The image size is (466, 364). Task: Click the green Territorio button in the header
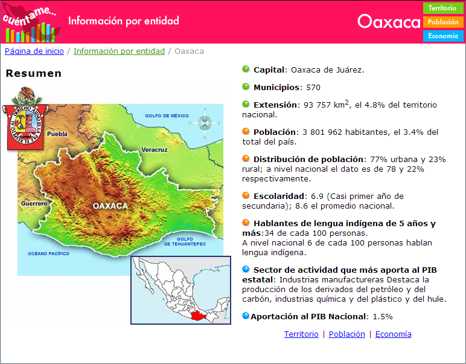click(x=443, y=8)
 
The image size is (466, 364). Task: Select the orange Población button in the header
click(x=443, y=22)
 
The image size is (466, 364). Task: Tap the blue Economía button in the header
click(x=443, y=36)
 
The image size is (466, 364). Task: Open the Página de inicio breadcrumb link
click(x=34, y=51)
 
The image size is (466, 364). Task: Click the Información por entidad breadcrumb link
click(x=119, y=51)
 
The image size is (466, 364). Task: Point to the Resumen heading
click(x=34, y=73)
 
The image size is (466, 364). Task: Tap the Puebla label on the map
click(x=57, y=134)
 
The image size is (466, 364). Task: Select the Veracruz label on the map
click(x=155, y=150)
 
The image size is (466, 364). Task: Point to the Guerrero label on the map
click(x=34, y=204)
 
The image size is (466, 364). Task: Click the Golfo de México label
click(x=167, y=115)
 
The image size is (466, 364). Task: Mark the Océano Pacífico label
click(x=48, y=253)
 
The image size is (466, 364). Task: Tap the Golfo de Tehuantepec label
click(x=185, y=241)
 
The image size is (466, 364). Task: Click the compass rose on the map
click(x=205, y=123)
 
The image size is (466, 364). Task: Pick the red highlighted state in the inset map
click(x=199, y=315)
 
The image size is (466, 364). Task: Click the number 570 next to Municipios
click(x=313, y=88)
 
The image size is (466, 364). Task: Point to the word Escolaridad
click(x=278, y=197)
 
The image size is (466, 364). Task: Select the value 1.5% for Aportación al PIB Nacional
click(x=383, y=317)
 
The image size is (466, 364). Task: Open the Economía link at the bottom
click(x=393, y=334)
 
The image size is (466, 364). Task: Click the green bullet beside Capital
click(x=246, y=69)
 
